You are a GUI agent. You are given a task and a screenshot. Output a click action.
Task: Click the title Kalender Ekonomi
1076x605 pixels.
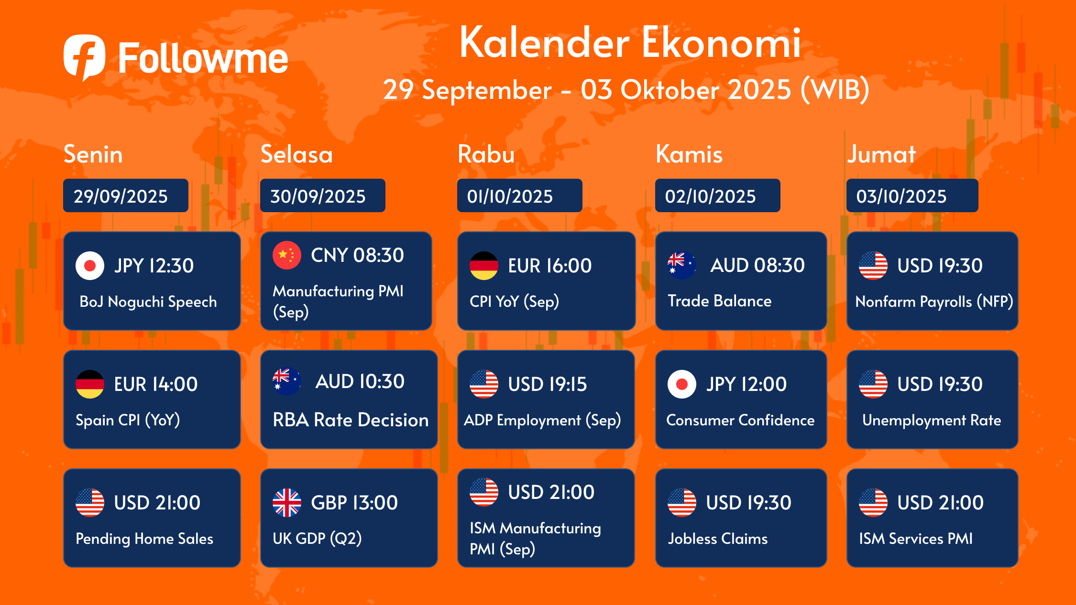click(630, 43)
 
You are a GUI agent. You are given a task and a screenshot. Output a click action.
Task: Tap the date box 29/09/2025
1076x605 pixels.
click(126, 195)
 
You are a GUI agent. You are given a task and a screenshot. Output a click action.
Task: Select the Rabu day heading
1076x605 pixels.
click(486, 154)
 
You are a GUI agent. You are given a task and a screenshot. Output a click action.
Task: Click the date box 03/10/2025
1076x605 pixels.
click(912, 195)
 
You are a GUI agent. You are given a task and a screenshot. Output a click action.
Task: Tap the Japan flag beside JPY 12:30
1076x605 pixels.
click(90, 265)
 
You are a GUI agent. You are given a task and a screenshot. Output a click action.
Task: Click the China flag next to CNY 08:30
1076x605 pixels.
click(287, 255)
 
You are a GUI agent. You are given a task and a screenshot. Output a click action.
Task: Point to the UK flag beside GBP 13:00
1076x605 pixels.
click(287, 503)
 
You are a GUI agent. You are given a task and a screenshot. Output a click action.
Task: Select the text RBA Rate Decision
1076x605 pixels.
click(351, 420)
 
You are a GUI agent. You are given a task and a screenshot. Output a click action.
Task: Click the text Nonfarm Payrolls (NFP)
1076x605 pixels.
click(934, 302)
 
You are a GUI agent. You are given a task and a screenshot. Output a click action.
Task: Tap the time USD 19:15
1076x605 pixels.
click(547, 384)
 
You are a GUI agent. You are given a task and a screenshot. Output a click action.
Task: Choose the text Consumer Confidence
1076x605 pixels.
click(740, 420)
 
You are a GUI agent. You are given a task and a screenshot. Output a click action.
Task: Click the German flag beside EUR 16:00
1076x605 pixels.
click(484, 265)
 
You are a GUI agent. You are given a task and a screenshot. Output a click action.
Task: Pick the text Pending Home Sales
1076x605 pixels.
click(144, 539)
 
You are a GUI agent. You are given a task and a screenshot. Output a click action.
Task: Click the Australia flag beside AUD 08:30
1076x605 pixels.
click(681, 265)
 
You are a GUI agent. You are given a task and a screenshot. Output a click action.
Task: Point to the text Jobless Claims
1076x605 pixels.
click(718, 539)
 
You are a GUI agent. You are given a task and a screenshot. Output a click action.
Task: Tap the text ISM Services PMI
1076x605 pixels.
click(916, 539)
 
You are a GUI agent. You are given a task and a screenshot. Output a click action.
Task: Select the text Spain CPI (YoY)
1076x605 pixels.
click(128, 420)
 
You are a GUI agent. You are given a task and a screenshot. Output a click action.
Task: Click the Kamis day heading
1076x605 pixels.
click(689, 154)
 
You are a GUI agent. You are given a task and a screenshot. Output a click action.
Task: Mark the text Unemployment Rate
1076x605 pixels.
click(932, 420)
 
